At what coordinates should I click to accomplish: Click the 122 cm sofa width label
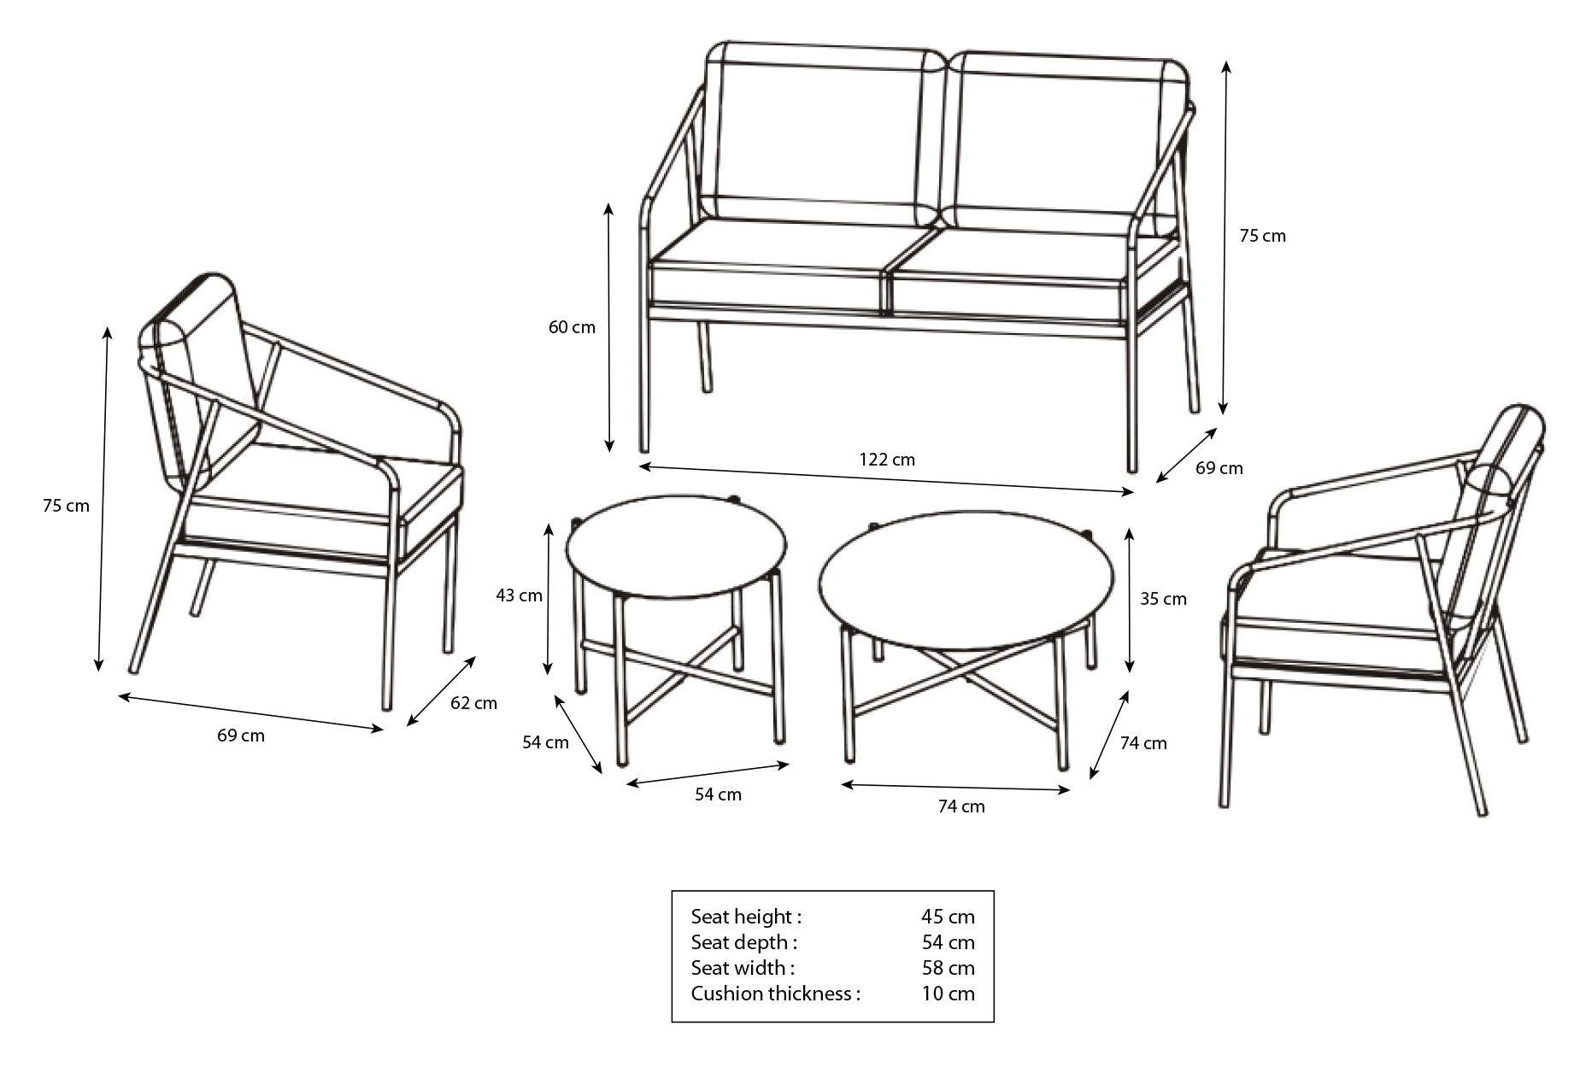(887, 460)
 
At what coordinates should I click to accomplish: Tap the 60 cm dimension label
(572, 327)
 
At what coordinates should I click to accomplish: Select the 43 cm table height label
(519, 595)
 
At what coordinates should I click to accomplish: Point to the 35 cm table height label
(1163, 599)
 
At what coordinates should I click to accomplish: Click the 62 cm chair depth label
(473, 703)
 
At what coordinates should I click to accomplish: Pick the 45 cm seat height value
(948, 917)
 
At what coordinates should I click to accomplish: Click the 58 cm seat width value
(948, 968)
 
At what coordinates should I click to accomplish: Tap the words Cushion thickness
(771, 994)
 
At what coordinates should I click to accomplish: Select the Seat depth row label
(743, 942)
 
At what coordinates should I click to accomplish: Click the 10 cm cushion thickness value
(948, 994)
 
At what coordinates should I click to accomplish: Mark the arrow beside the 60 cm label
(608, 327)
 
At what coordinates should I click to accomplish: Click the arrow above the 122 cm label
(886, 478)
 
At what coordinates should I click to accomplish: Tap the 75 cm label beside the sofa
(1262, 236)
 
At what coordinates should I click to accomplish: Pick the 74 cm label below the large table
(961, 806)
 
